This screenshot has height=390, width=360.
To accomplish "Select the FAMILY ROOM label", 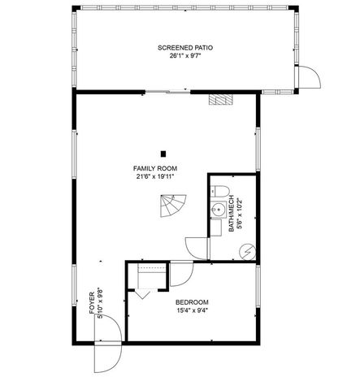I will coord(155,168).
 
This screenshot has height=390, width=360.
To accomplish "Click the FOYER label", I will coord(91,298).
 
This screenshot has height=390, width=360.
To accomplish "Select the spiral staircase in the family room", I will coord(173,209).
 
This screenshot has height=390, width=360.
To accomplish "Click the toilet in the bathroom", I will coord(219,192).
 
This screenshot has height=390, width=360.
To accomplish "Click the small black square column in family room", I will coord(163,153).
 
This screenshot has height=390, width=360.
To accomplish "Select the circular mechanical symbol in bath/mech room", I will coord(249,251).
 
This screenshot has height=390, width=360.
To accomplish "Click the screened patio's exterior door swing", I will coord(310,78).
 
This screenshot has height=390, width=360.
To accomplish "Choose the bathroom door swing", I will coord(197,248).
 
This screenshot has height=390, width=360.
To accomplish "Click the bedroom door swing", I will coord(181,275).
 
